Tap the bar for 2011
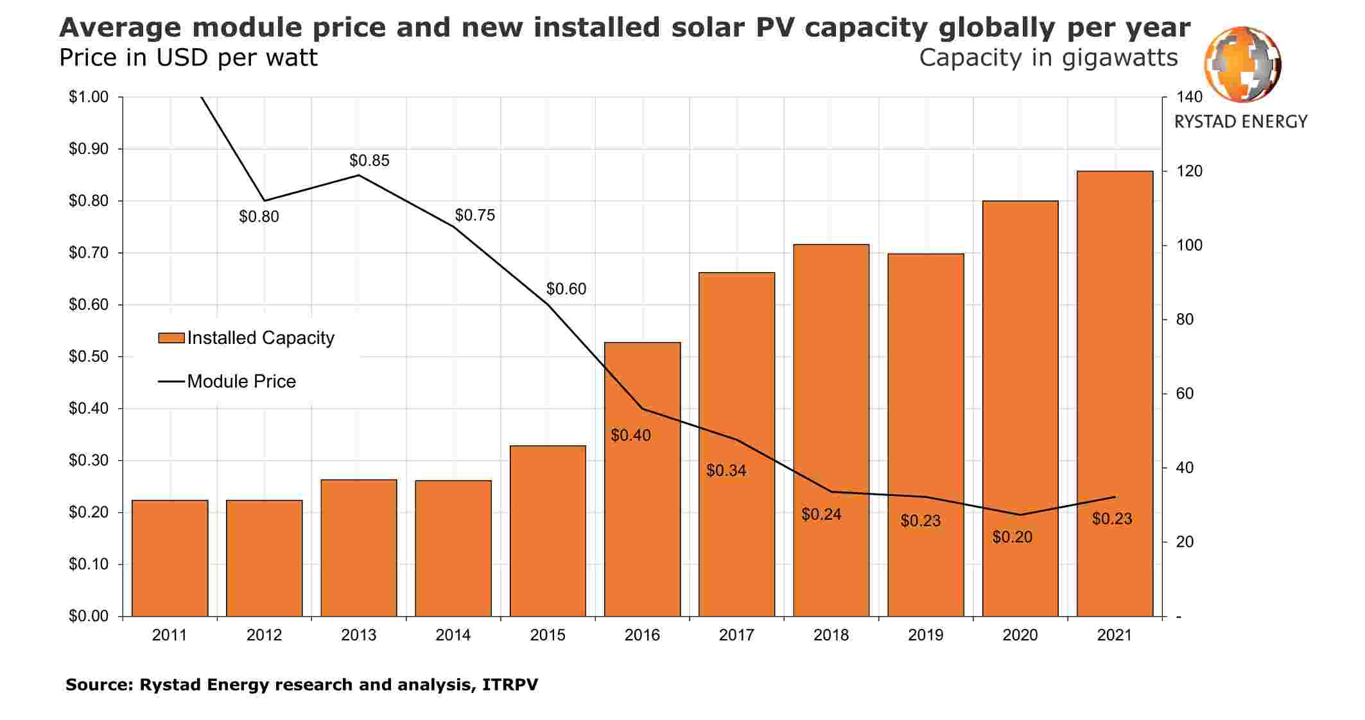[x=170, y=558]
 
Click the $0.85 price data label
[x=369, y=160]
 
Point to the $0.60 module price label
[x=566, y=289]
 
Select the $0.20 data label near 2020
[x=1012, y=537]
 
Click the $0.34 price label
[x=726, y=470]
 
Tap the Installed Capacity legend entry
[x=247, y=338]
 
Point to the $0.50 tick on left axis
[x=88, y=357]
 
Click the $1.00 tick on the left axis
[x=88, y=97]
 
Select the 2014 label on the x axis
[x=453, y=635]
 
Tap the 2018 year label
[x=831, y=635]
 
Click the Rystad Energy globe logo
[x=1242, y=64]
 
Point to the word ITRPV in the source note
[x=510, y=685]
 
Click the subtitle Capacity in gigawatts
[x=1048, y=58]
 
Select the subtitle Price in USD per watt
[x=188, y=58]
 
